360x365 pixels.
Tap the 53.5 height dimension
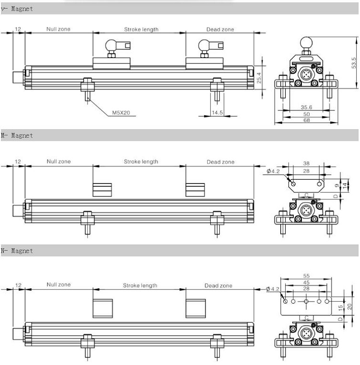(354, 62)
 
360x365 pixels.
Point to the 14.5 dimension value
(217, 112)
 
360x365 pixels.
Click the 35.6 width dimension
(306, 108)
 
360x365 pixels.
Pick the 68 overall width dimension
(306, 121)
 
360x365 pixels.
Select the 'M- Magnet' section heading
(17, 136)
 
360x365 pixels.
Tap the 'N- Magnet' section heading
(17, 251)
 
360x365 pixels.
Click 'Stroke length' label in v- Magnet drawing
(141, 29)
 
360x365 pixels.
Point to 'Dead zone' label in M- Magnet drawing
(220, 162)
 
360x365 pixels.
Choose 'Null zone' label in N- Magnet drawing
(58, 285)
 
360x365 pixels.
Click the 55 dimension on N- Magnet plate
(306, 276)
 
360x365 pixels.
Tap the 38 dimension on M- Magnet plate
(306, 163)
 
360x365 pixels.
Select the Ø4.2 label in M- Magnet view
(273, 171)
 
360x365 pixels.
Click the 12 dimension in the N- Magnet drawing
(18, 285)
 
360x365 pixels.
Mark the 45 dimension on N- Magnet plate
(306, 282)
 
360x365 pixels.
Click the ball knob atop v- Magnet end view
(306, 42)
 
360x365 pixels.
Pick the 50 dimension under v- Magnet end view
(306, 114)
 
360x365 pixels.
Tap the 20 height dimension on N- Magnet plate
(349, 306)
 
